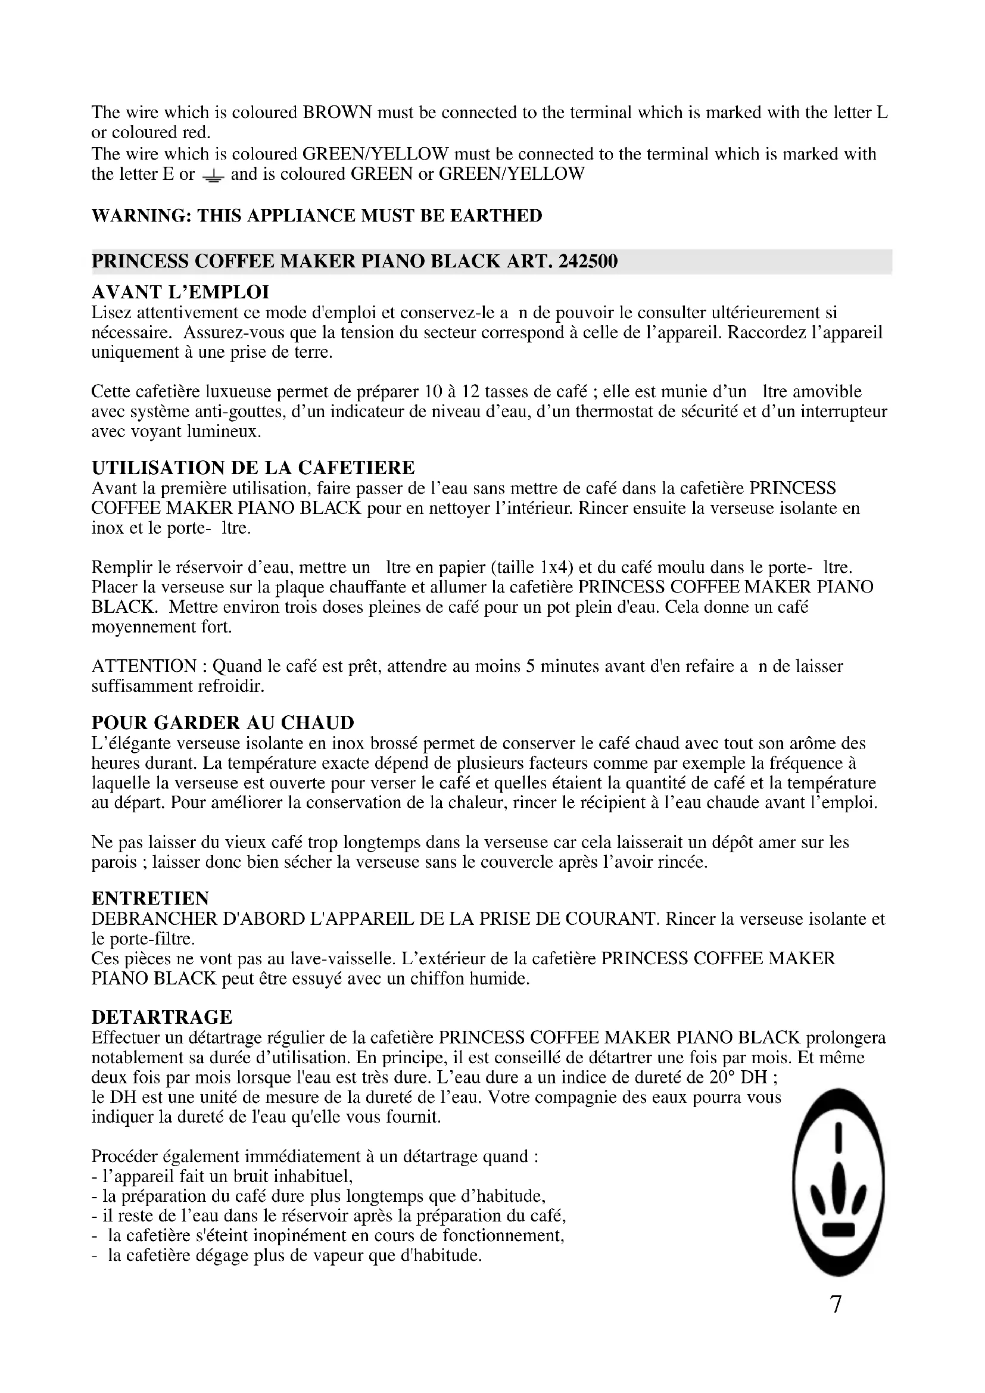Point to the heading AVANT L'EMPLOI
tap(180, 292)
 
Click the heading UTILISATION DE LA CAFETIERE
tap(253, 468)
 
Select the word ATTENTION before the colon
tap(144, 666)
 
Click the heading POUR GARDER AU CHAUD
tap(223, 722)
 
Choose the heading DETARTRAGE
tap(162, 1017)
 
